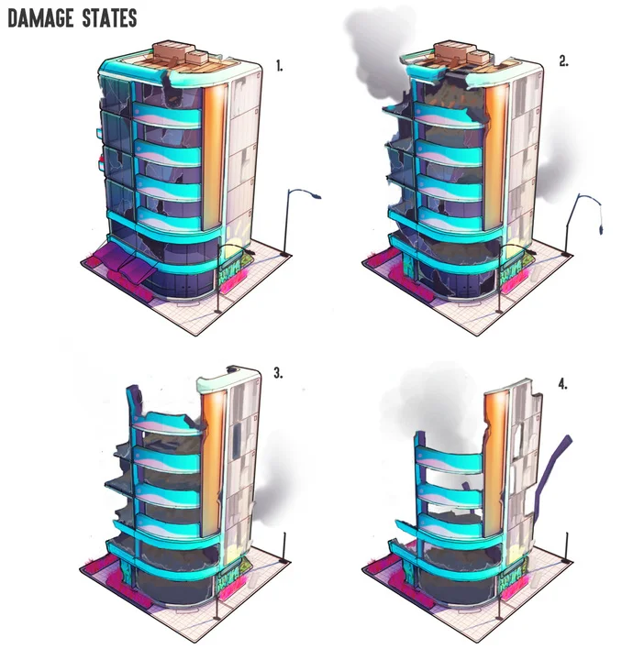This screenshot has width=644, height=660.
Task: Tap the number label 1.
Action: tap(280, 66)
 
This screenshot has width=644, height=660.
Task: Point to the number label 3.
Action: tap(279, 373)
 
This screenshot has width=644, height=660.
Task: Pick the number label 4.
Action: tap(562, 384)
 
